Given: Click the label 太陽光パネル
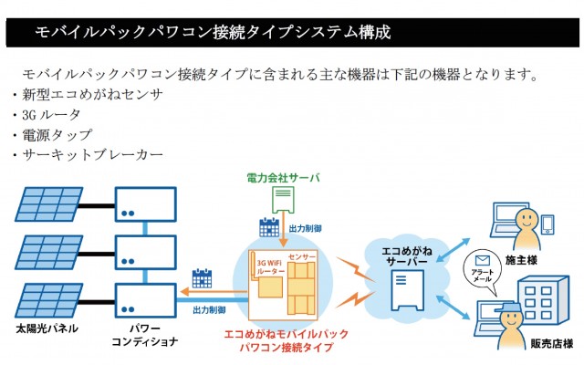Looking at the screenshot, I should (47, 328).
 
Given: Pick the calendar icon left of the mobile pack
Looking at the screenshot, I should (202, 278).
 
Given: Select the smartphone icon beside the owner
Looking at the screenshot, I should (547, 224).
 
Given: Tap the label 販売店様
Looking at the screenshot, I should (551, 345).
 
